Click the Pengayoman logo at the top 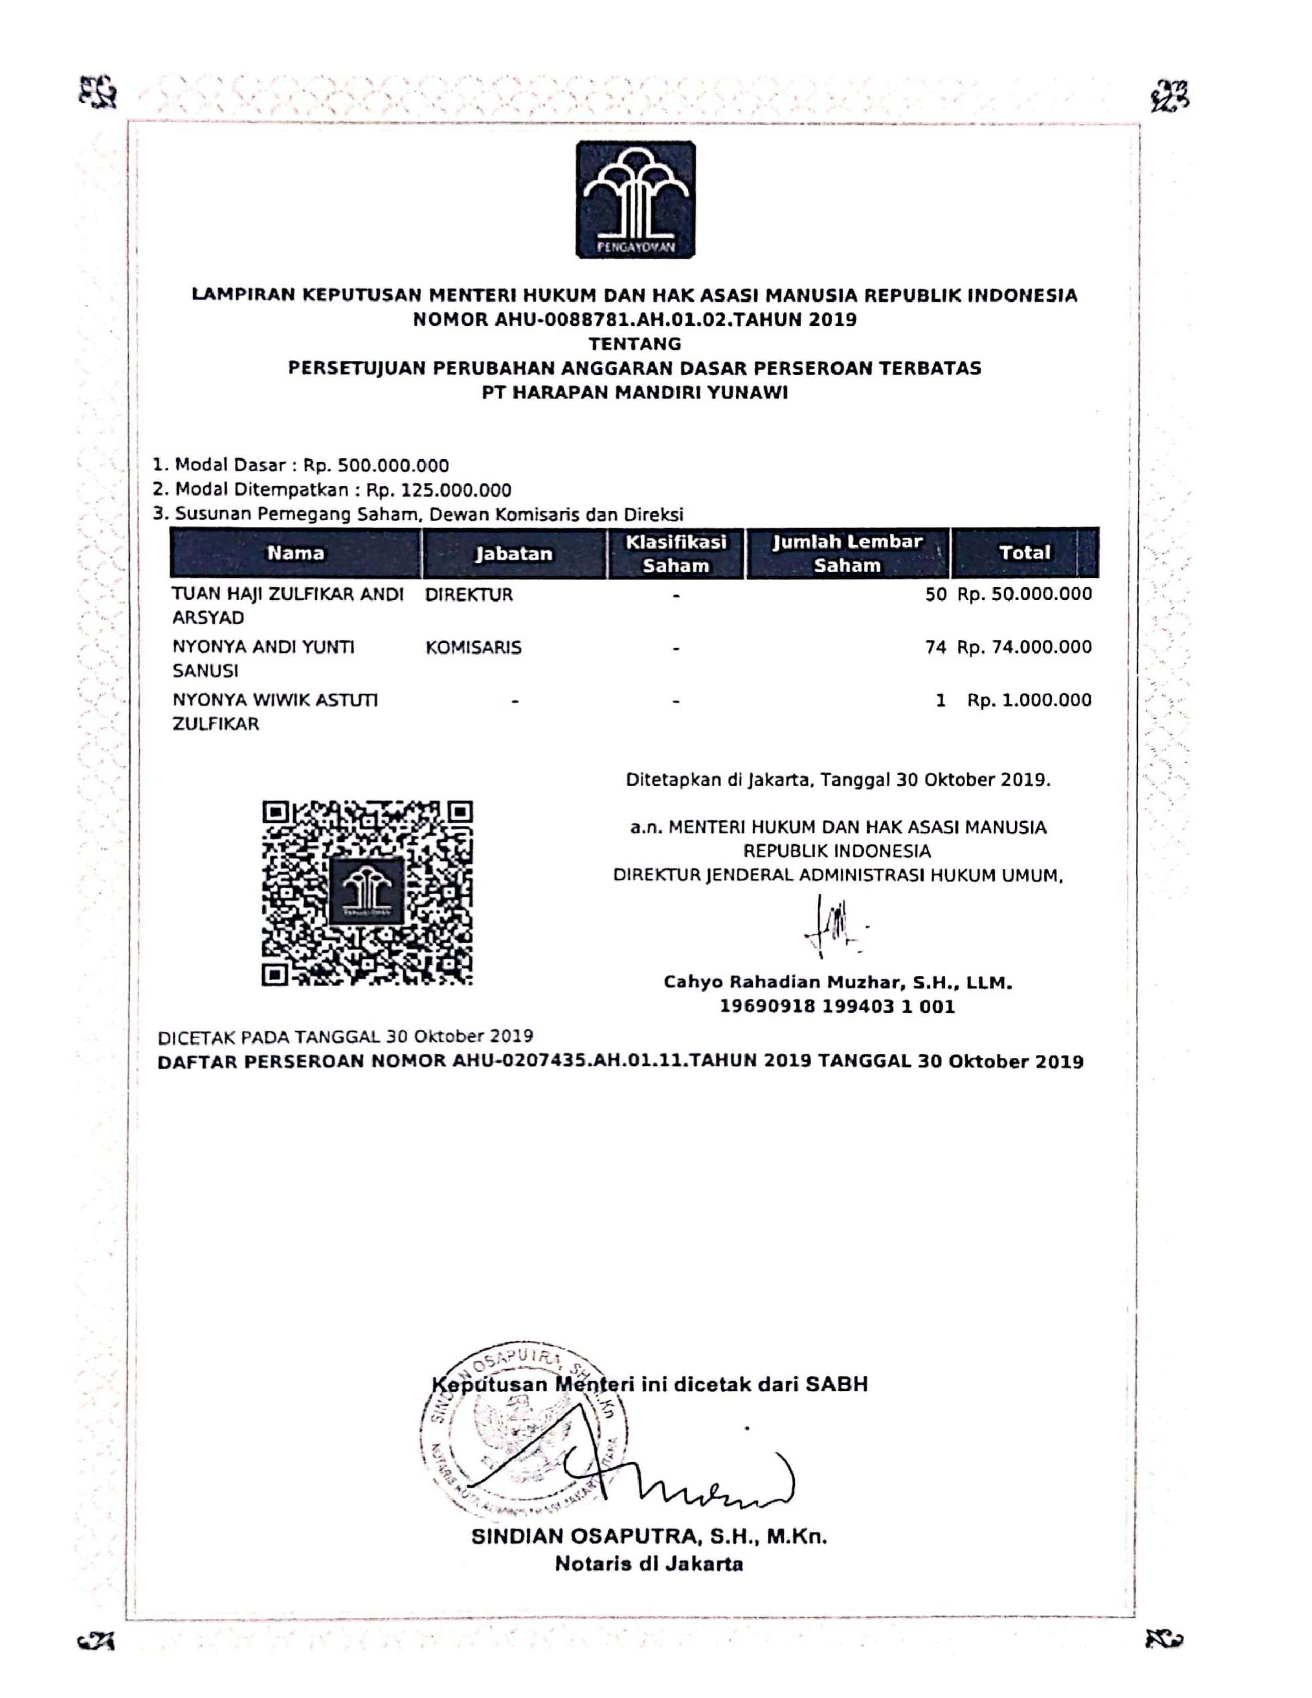coord(635,199)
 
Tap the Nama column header coord(295,553)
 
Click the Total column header coord(1024,553)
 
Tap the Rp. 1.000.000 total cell coord(1029,700)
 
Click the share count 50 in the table coord(936,595)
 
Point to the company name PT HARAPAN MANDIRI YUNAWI coord(634,393)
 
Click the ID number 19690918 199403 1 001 coord(837,1007)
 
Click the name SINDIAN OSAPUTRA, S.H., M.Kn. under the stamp coord(649,1536)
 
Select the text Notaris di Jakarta coord(649,1564)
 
